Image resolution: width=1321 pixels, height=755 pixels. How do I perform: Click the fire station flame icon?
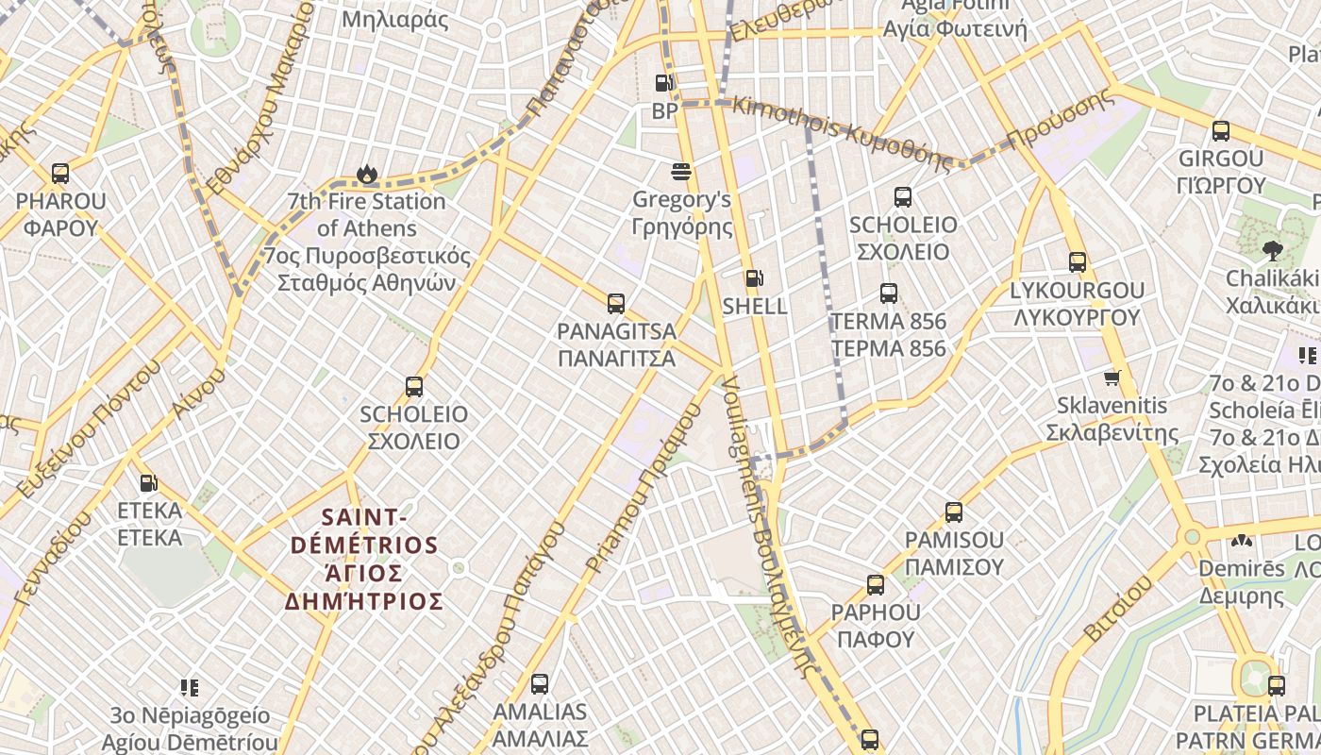367,174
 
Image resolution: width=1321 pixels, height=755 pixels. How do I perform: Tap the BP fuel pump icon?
664,83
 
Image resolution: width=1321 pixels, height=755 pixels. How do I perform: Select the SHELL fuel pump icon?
754,278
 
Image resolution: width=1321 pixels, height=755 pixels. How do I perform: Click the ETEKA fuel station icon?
148,483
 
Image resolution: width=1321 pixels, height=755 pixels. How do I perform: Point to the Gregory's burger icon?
681,172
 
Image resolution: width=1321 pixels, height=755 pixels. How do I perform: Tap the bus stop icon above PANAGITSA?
616,304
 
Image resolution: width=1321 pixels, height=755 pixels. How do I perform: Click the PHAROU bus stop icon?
60,174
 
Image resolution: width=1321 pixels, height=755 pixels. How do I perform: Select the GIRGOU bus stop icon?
1221,131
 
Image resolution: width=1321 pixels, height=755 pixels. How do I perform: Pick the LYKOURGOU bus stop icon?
1078,262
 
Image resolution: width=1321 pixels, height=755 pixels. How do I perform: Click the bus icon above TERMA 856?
888,294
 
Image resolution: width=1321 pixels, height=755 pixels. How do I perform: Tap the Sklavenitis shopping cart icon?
1112,378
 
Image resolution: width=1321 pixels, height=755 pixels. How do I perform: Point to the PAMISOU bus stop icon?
954,512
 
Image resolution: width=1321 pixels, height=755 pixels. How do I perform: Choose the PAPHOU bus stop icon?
876,585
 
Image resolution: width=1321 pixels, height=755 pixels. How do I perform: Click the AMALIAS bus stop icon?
540,684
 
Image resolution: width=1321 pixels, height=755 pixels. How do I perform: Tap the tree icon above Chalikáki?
1272,250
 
